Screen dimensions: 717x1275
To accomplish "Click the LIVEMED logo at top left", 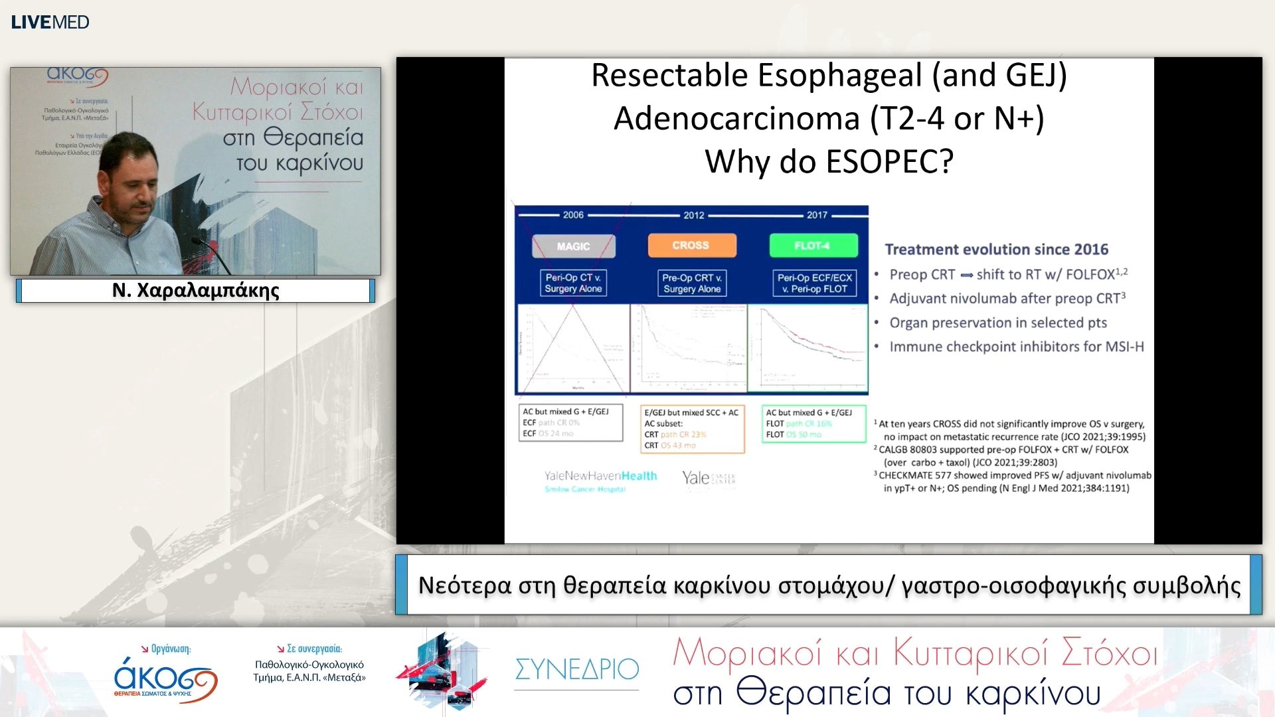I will coord(50,22).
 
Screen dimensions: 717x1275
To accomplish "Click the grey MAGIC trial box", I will coord(573,246).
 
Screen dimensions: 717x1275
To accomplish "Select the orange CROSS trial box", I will coord(691,245).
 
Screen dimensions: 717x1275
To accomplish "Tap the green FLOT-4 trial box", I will coord(813,246).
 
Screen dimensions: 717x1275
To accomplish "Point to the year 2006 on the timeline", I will coord(573,215).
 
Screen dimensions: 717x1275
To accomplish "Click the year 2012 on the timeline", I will coord(694,215).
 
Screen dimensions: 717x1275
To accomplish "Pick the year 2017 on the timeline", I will coord(817,215).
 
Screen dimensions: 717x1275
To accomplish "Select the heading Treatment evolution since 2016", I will coord(996,250).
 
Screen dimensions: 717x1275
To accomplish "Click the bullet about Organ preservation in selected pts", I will coord(998,323).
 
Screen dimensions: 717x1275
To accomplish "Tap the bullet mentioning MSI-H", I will coord(1016,347).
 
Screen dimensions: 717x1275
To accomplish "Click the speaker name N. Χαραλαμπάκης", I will coord(196,290).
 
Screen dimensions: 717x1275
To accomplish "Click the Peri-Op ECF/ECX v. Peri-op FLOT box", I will coord(814,283).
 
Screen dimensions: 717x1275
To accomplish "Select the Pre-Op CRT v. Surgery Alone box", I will coord(692,283).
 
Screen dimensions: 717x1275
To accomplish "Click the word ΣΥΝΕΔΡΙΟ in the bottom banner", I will coord(576,669).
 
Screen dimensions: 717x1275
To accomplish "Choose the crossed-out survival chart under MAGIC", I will coord(572,348).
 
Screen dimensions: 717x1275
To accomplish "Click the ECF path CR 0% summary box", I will coord(570,423).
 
